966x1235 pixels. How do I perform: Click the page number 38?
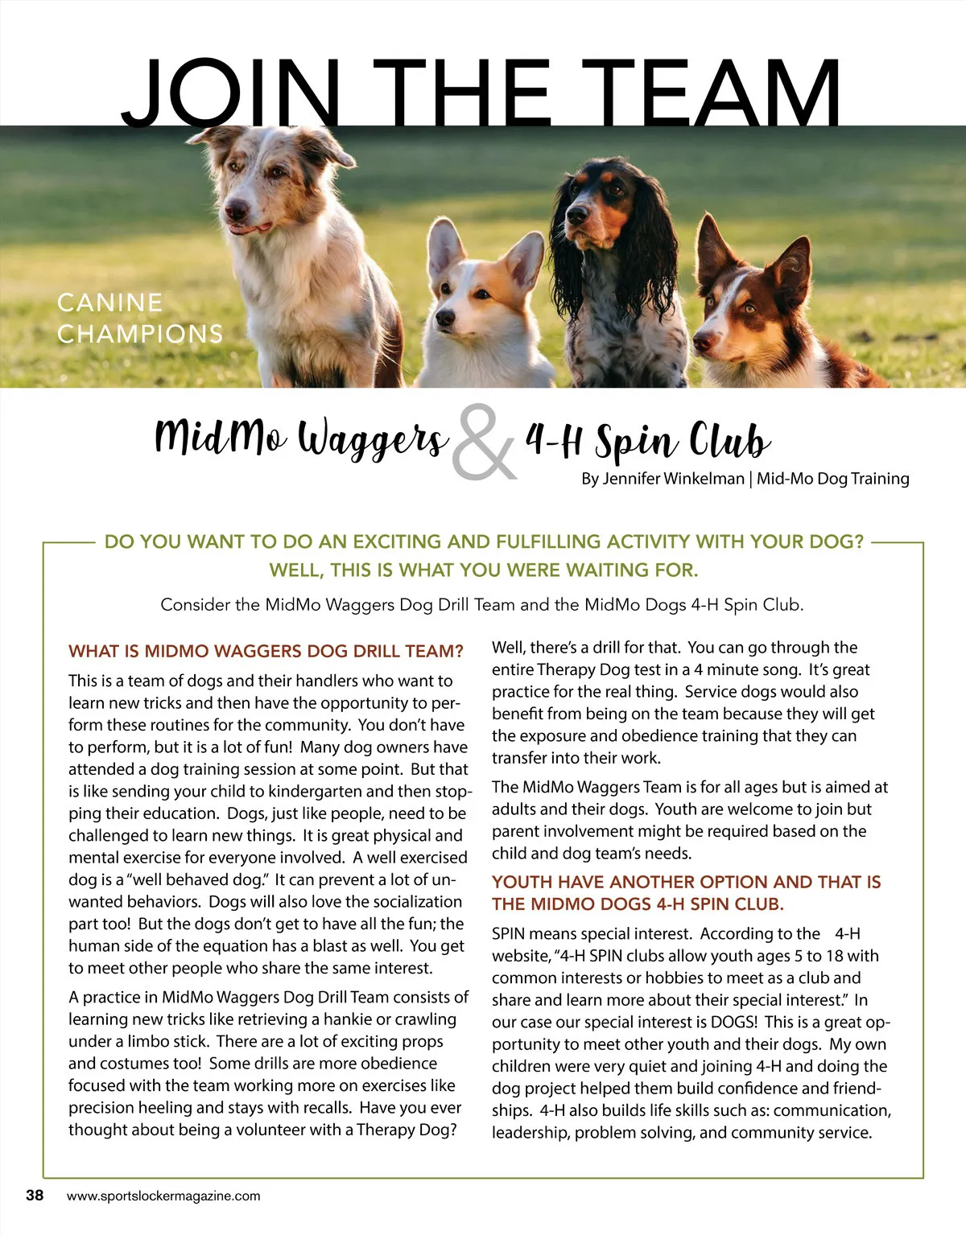pyautogui.click(x=35, y=1195)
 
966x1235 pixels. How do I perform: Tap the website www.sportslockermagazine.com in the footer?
pyautogui.click(x=163, y=1196)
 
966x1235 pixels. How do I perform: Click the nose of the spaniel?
pyautogui.click(x=576, y=216)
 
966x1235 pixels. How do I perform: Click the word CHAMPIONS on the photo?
pyautogui.click(x=140, y=334)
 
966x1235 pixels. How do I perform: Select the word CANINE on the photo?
pyautogui.click(x=109, y=303)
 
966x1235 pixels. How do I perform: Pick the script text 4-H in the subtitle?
pyautogui.click(x=555, y=439)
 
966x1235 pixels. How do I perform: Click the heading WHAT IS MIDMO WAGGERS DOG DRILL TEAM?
pyautogui.click(x=266, y=651)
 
